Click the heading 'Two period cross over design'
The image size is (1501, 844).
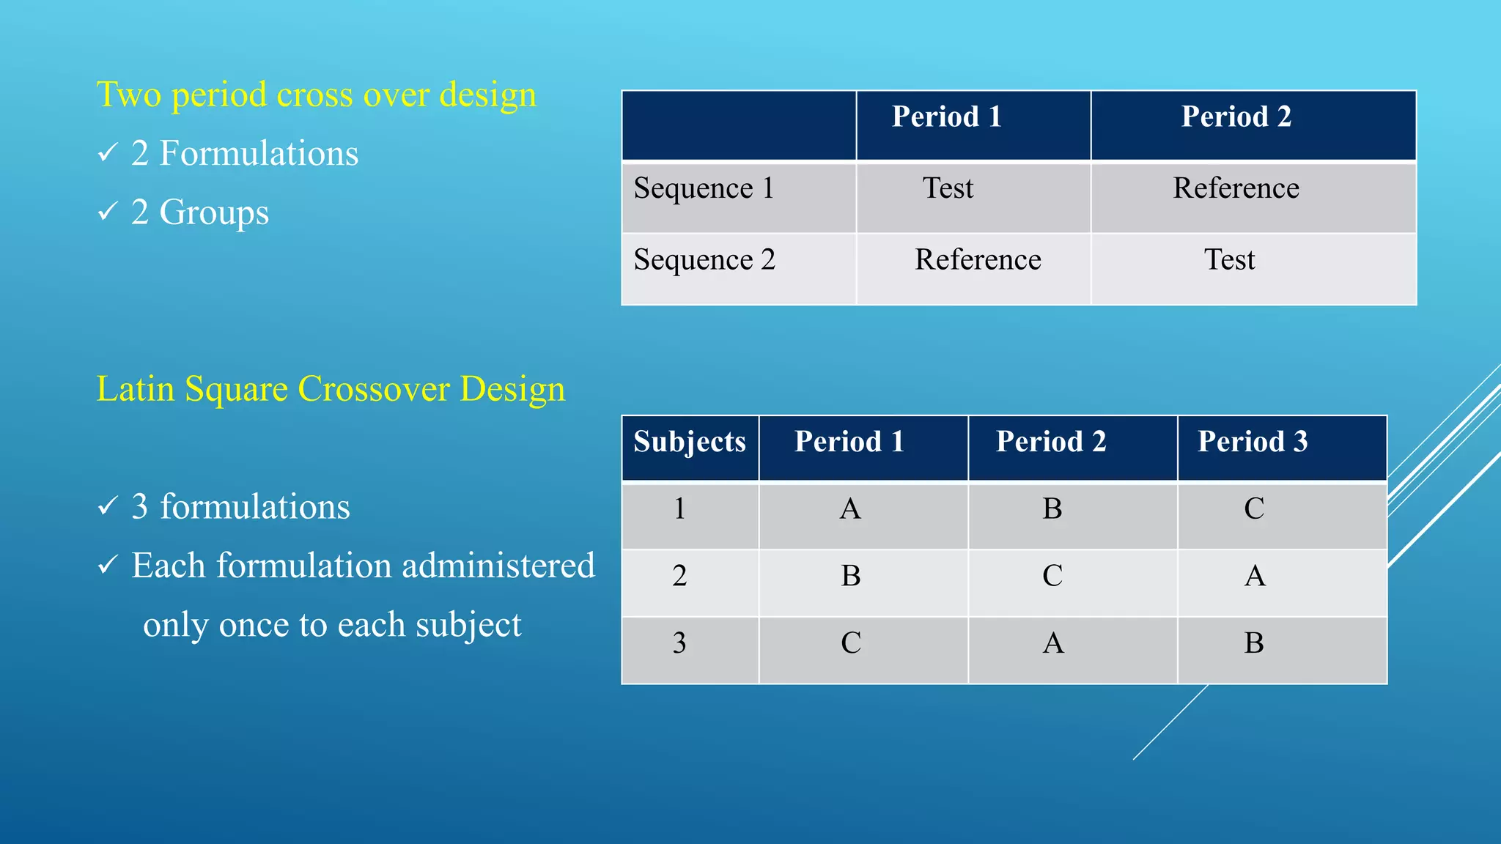(x=316, y=95)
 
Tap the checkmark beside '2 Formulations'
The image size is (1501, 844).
(x=108, y=153)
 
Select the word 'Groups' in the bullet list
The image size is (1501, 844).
(x=214, y=212)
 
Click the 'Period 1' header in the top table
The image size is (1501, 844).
(x=946, y=117)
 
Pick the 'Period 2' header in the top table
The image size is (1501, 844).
(x=1236, y=117)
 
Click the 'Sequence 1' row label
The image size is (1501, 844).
(x=704, y=188)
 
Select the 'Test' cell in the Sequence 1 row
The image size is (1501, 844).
(x=948, y=188)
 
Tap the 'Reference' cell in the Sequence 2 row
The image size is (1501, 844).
(x=978, y=259)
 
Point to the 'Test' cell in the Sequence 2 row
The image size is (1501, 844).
(x=1229, y=259)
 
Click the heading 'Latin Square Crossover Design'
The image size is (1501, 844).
(x=331, y=389)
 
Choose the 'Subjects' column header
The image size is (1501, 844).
(x=689, y=442)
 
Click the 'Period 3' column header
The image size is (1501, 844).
(x=1252, y=442)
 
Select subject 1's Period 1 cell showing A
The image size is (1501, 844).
(x=850, y=508)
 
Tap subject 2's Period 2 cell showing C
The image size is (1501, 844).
(x=1052, y=576)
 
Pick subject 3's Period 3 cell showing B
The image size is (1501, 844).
(x=1254, y=643)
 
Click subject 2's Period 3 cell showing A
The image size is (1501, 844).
(x=1255, y=576)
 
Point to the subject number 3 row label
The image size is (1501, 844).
(x=679, y=643)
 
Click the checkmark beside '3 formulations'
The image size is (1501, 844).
(x=108, y=506)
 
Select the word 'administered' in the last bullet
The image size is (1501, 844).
(x=498, y=566)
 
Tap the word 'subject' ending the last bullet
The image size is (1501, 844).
(x=468, y=625)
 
